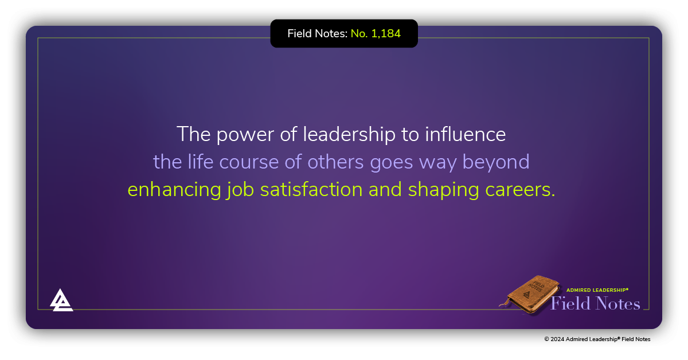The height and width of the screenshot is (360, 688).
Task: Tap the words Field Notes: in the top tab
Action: coord(317,34)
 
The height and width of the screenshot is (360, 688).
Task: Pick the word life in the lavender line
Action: coord(198,162)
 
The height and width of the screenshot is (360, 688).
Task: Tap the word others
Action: coord(335,162)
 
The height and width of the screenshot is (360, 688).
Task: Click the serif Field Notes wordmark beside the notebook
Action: coord(595,303)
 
